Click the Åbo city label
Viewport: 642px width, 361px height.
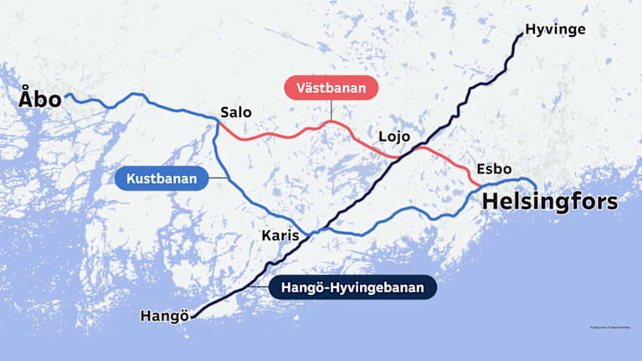[x=40, y=100]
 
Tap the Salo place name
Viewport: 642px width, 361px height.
[x=235, y=112]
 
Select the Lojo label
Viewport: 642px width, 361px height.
[x=393, y=137]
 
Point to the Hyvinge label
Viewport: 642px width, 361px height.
[x=555, y=30]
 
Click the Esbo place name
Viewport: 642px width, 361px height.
[x=494, y=169]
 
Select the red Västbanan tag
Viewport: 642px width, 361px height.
[x=331, y=88]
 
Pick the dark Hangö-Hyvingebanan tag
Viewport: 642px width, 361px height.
[x=352, y=288]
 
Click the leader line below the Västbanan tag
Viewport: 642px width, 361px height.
[x=331, y=111]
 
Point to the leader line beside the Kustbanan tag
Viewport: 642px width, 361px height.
[x=218, y=178]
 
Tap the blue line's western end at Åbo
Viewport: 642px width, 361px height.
[x=67, y=96]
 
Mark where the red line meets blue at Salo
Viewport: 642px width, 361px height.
[x=218, y=123]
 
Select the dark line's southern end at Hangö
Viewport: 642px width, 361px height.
[x=193, y=317]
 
